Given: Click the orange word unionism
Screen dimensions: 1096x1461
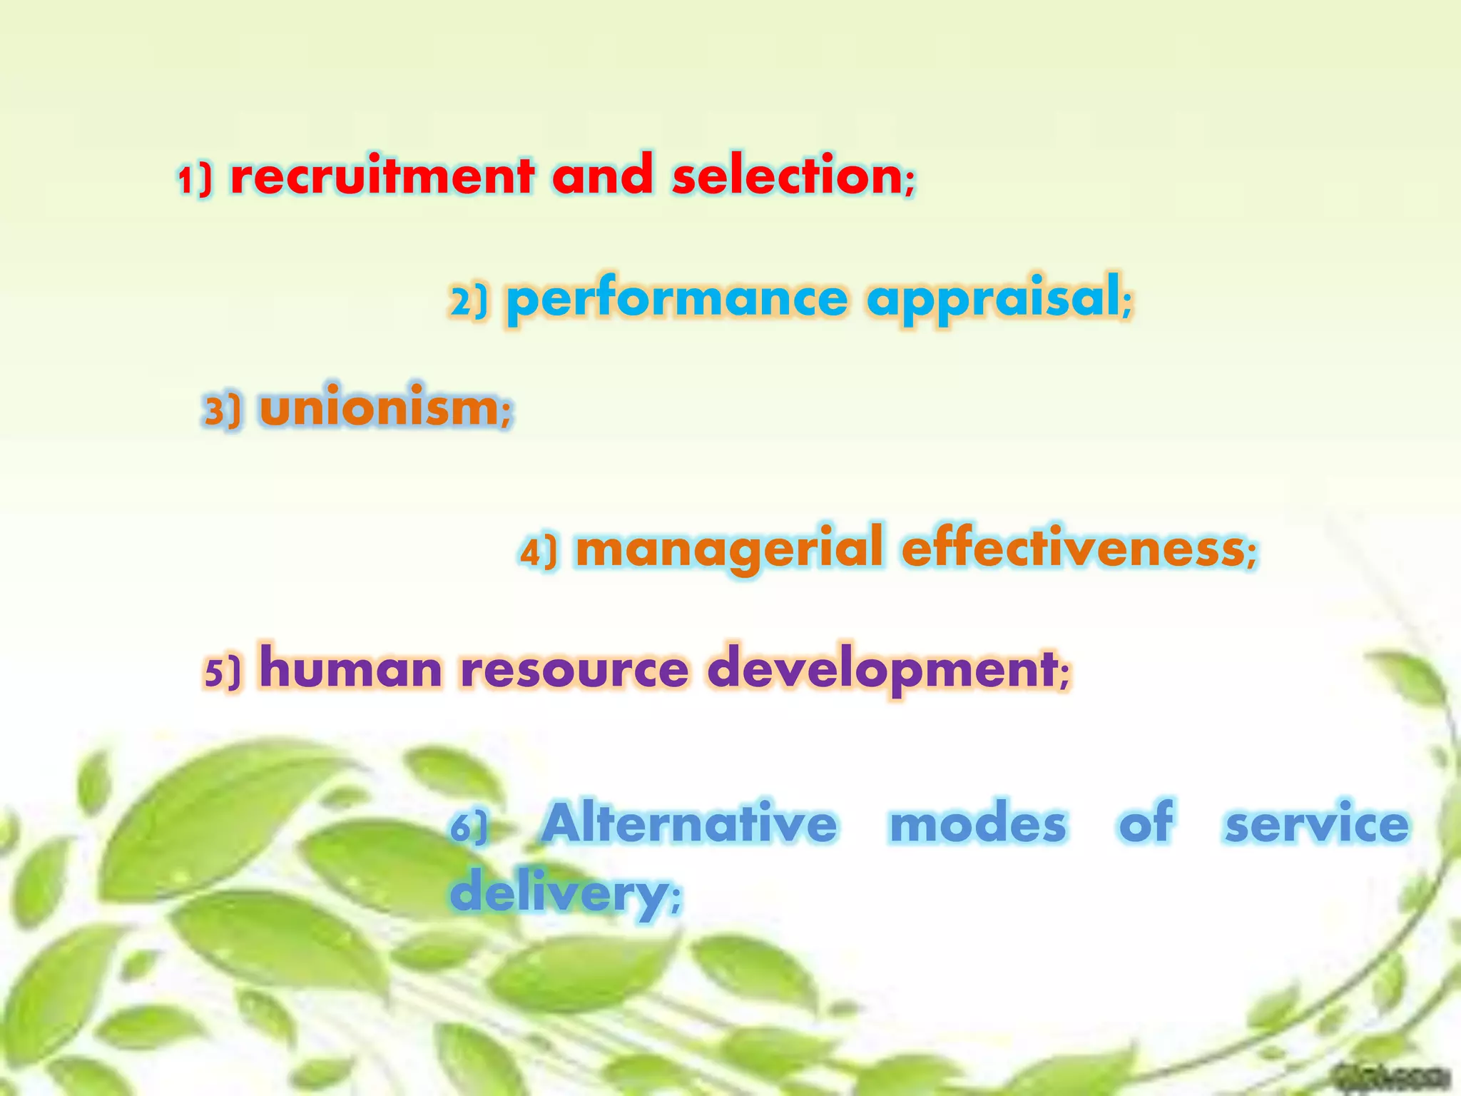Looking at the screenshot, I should coord(379,408).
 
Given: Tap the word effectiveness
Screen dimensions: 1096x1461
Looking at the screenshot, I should coord(1074,549).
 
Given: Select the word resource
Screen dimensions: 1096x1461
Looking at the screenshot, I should coord(574,671).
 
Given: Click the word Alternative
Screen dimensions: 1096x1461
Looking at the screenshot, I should coord(689,823).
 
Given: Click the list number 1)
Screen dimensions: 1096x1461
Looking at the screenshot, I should coord(195,179).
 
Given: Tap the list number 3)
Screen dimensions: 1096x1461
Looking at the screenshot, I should coord(223,411).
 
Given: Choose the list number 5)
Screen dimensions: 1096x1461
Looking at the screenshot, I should coord(223,672).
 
